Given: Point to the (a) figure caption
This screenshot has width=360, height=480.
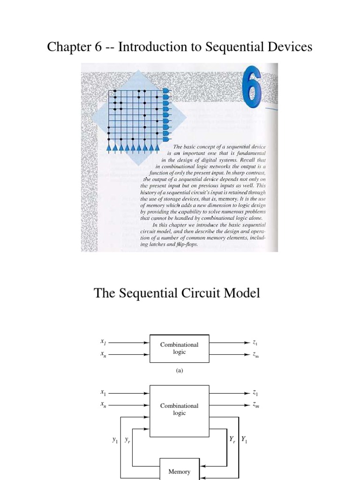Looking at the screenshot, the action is click(179, 370).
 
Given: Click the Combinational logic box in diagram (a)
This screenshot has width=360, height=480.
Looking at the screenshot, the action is click(180, 348).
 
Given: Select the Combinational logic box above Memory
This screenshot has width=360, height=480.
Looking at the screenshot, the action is click(180, 409).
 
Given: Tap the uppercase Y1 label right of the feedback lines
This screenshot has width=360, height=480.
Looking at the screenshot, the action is click(244, 440).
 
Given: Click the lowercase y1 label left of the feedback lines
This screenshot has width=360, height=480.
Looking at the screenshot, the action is click(115, 440).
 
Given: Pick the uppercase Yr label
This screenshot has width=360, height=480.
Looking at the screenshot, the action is click(232, 440).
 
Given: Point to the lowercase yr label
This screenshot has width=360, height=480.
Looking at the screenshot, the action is click(127, 440).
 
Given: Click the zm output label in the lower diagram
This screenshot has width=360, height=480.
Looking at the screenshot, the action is click(255, 405).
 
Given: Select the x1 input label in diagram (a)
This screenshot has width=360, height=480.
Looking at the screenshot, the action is click(103, 343).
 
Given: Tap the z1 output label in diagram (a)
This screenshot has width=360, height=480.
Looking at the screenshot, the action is click(255, 343).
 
